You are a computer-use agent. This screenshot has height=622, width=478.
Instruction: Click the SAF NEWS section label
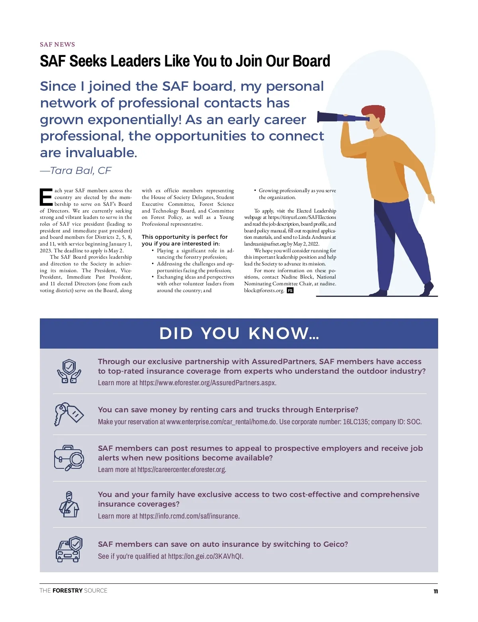tap(57, 45)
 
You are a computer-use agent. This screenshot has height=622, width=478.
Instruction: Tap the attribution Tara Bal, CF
tap(76, 171)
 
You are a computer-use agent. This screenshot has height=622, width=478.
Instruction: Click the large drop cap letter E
tap(46, 197)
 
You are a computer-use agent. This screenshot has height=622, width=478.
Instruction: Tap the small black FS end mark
tap(290, 291)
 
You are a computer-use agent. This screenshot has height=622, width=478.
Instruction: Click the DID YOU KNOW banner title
tap(239, 333)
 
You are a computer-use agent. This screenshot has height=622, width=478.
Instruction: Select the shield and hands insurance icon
tap(69, 371)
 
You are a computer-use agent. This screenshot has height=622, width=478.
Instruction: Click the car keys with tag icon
tap(69, 414)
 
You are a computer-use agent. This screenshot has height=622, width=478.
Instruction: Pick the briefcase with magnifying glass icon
tap(69, 458)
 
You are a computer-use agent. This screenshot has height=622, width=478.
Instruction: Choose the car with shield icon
tap(69, 549)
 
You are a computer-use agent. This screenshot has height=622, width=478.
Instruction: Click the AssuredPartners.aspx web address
tap(208, 383)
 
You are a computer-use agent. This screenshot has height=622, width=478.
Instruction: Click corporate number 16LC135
tap(355, 422)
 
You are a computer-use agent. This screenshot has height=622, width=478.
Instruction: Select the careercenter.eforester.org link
tap(182, 470)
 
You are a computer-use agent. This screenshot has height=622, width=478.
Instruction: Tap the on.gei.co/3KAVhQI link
tap(206, 556)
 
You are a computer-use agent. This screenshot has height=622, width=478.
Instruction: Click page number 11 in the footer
tap(435, 591)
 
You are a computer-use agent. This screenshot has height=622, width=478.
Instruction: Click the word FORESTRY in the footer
tap(67, 591)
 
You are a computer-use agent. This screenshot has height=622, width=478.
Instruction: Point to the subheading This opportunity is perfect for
tap(185, 237)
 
